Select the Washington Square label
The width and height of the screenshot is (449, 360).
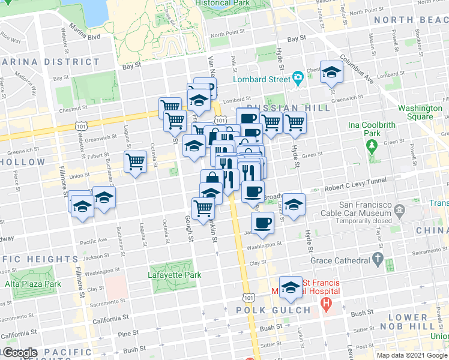click(420, 112)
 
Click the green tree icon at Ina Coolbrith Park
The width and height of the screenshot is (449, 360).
click(372, 145)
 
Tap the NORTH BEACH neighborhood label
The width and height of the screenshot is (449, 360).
click(410, 20)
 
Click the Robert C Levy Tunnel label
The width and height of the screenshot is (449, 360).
click(358, 188)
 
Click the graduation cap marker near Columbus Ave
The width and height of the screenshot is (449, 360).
click(330, 73)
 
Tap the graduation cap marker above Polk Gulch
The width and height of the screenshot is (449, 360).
click(291, 287)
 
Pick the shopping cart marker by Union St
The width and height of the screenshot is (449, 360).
click(136, 161)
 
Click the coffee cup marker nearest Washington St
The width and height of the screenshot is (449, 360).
click(262, 223)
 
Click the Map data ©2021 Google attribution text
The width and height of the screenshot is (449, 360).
click(411, 355)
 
